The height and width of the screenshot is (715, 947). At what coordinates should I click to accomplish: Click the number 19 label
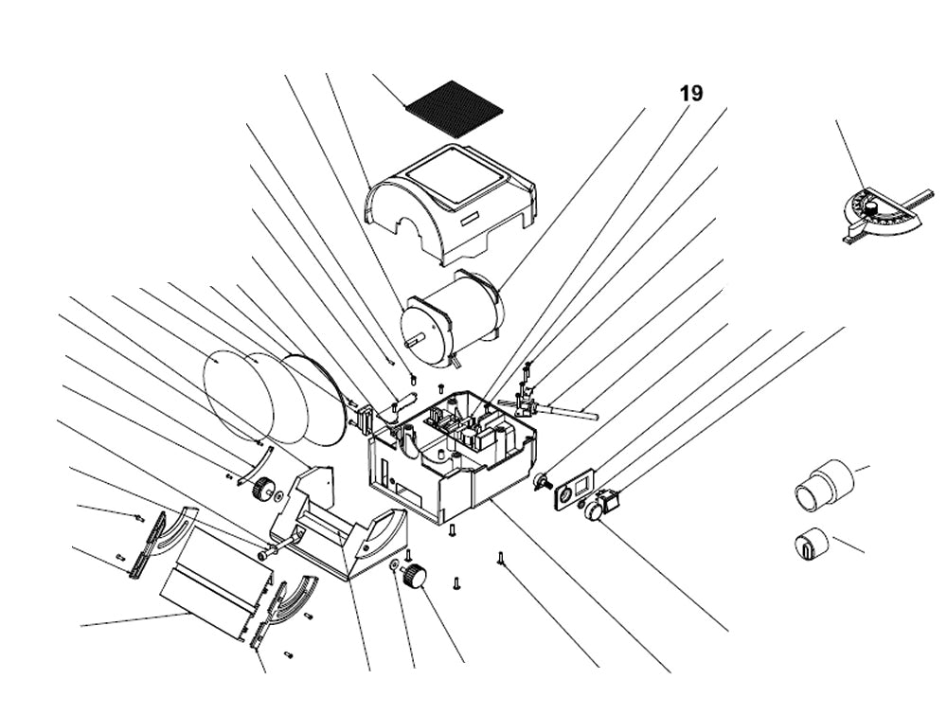pyautogui.click(x=690, y=93)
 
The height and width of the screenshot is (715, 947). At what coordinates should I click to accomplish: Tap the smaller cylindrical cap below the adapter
pyautogui.click(x=810, y=545)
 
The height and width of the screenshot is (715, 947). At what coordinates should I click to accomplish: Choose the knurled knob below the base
pyautogui.click(x=414, y=575)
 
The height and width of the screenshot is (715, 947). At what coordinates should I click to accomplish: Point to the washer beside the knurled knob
pyautogui.click(x=393, y=565)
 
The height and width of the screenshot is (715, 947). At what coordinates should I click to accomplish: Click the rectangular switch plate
pyautogui.click(x=570, y=494)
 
